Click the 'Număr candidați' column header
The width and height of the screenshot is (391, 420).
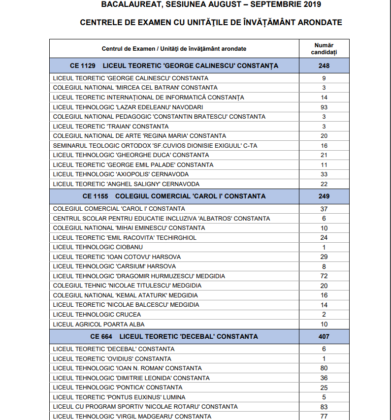[x=324, y=48]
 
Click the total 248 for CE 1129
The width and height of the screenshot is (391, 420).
[x=324, y=65]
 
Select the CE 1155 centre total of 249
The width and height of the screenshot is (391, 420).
[x=324, y=196]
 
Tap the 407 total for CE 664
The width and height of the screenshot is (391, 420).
[x=324, y=336]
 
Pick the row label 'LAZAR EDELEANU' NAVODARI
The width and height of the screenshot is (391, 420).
[x=128, y=107]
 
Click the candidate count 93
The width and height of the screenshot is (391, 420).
[x=324, y=107]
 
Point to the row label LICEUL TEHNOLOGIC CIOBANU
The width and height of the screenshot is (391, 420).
[x=91, y=247]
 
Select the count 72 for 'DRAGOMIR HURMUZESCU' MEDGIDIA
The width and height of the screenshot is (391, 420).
[x=324, y=276]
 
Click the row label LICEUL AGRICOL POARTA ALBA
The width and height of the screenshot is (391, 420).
[x=98, y=324]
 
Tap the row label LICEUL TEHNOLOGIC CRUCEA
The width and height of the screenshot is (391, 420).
[x=90, y=315]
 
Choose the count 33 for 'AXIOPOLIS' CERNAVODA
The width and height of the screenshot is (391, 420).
[x=324, y=174]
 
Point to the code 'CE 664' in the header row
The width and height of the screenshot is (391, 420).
[x=101, y=336]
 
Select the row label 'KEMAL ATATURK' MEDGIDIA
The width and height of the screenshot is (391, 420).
[x=125, y=295]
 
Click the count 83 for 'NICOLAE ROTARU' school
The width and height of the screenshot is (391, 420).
[x=324, y=407]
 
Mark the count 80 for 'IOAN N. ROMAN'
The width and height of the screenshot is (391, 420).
[x=324, y=368]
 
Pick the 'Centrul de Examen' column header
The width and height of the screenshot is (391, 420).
[x=174, y=49]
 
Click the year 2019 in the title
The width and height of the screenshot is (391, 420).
[x=311, y=5]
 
